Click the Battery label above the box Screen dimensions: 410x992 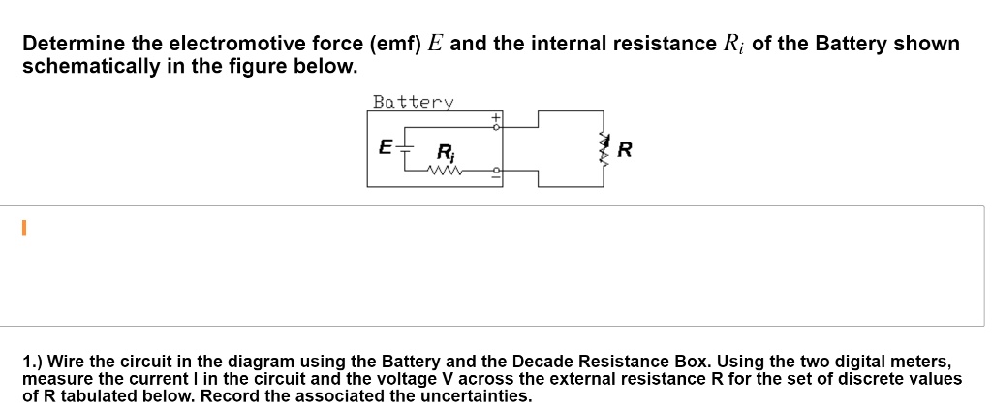413,102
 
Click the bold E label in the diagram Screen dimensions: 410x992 385,148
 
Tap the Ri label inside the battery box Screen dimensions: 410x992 445,152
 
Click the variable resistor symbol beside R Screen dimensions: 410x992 605,148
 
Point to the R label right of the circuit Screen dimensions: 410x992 625,150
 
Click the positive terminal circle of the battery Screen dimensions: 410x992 496,127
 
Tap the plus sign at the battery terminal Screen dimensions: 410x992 496,118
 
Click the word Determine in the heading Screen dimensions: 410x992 72,45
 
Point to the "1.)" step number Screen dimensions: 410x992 37,361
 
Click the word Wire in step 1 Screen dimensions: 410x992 77,361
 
